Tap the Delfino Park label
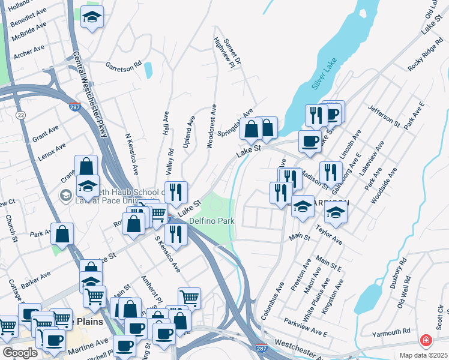tap(211, 221)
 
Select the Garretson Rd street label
tap(123, 64)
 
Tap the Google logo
tap(20, 353)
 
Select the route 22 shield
tap(21, 115)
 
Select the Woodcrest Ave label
tap(211, 125)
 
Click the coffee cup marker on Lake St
tap(310, 142)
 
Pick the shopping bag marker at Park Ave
tap(62, 234)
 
